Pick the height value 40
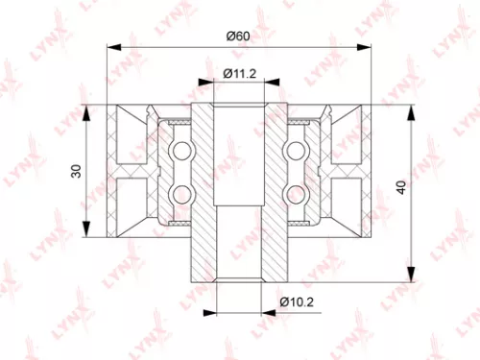point(426,189)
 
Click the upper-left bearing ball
point(179,151)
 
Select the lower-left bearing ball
point(179,192)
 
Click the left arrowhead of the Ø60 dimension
point(115,45)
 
